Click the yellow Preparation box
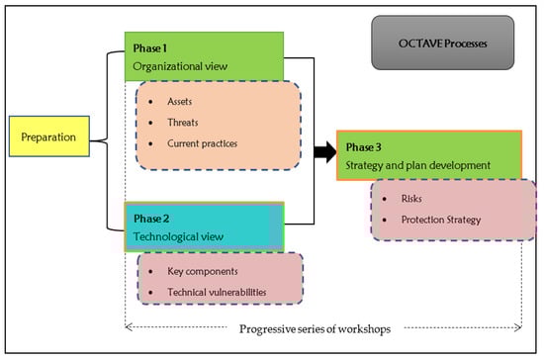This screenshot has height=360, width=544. coord(49,136)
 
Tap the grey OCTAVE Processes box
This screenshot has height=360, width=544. coord(443,43)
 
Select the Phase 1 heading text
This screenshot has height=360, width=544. coord(150,48)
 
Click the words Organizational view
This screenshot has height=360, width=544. coord(180,66)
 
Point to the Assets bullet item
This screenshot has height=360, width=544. coord(179,101)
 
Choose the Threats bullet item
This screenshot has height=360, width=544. coord(183,123)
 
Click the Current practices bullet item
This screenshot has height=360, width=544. coord(202,143)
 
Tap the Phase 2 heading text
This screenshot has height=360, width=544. coord(151,219)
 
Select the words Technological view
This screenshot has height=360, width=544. coord(178,236)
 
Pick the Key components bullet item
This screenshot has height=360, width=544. coord(203,271)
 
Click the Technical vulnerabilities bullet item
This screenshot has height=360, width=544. coord(217,292)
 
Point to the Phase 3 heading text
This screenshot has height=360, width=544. coord(363,147)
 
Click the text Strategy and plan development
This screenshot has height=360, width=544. coord(417,165)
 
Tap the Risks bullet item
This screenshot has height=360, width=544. coord(411,199)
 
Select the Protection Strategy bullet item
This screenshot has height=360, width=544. coord(441,220)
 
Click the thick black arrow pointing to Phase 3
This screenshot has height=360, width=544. coord(325,152)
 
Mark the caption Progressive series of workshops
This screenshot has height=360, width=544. coord(315,328)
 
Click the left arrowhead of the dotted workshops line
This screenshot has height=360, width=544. coord(129,327)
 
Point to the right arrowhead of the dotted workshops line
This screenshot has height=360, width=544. coord(518,327)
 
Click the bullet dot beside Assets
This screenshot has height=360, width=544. coord(150,102)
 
